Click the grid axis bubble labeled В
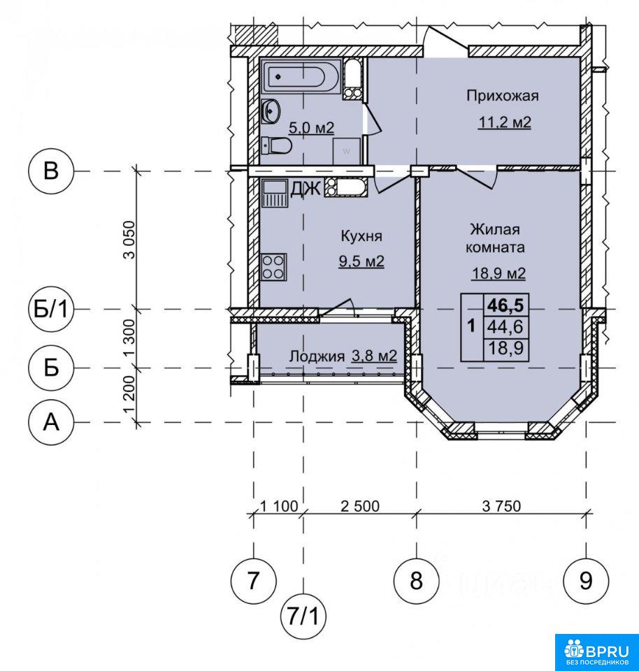tap(51, 171)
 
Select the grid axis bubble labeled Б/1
tap(51, 309)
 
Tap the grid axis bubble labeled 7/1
tap(303, 617)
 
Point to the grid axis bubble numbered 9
tap(586, 581)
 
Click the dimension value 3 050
tap(129, 240)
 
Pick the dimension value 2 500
tap(360, 506)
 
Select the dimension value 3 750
tap(501, 506)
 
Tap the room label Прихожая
tap(503, 96)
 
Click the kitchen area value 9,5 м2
tap(361, 261)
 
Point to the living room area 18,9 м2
tap(498, 273)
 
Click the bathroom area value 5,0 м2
tap(311, 127)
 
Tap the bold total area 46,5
tap(506, 305)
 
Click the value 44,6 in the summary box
tap(506, 326)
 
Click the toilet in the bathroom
tap(276, 145)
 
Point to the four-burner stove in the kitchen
tap(273, 267)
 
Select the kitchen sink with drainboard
tap(274, 193)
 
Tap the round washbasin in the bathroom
tap(271, 111)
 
